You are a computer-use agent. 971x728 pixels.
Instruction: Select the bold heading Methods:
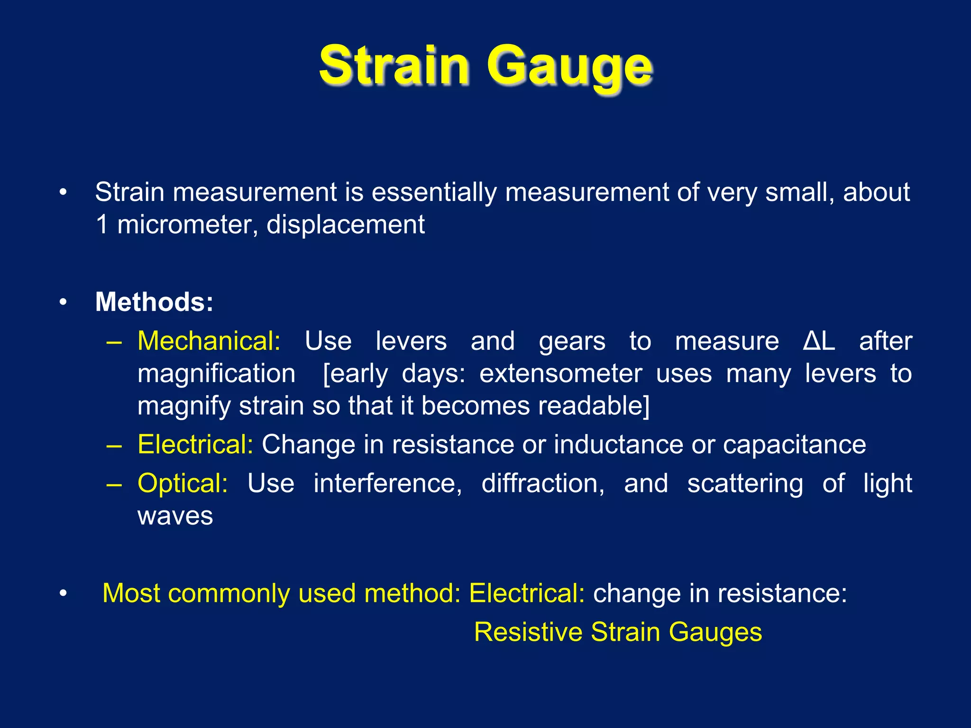(154, 302)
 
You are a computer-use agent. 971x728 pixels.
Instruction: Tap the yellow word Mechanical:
(209, 341)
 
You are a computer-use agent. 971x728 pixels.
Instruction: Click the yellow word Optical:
(183, 483)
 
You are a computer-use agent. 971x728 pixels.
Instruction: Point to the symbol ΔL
(819, 341)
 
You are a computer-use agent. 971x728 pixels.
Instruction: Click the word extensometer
(560, 374)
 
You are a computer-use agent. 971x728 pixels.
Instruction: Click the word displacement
(345, 224)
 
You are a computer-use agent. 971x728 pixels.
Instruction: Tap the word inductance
(618, 445)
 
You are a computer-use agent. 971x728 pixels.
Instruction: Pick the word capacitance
(794, 445)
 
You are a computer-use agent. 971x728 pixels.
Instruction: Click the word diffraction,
(543, 483)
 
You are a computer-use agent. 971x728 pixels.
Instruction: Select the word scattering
(745, 483)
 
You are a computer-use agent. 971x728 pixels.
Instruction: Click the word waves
(175, 516)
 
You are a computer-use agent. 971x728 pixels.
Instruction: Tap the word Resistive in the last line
(528, 632)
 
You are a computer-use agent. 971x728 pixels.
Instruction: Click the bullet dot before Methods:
(63, 302)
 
